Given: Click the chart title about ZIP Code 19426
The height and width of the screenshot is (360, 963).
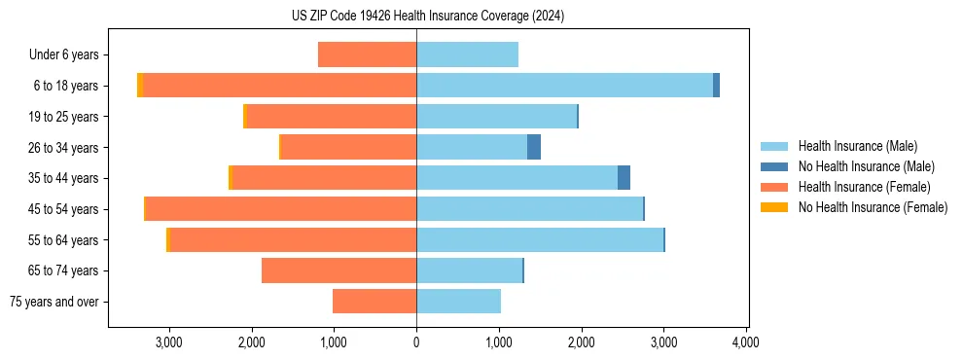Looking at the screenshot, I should [428, 17].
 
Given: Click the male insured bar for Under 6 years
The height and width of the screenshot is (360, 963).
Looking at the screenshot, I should [467, 54].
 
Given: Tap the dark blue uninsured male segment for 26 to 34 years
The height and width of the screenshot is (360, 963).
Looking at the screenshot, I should [534, 147].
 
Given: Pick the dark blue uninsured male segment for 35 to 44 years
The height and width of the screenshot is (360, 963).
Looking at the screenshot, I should [624, 178].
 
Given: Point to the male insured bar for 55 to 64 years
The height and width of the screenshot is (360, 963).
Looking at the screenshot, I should [540, 239].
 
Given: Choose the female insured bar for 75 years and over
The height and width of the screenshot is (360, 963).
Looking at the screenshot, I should [374, 302].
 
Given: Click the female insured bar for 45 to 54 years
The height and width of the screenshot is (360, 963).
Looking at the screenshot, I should [281, 209].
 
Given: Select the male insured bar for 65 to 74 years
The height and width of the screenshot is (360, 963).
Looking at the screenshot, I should [469, 270].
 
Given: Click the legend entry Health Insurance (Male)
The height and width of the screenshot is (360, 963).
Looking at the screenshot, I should [857, 146].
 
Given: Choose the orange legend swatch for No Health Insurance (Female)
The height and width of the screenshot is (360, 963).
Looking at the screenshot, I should [774, 207].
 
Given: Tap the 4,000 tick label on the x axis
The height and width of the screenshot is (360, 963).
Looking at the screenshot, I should [746, 342].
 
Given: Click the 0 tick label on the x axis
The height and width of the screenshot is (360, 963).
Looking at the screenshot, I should [416, 342].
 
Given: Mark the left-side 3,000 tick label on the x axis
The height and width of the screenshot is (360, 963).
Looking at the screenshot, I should [169, 342].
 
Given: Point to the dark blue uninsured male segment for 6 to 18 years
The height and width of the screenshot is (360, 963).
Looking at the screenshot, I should [716, 86].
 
